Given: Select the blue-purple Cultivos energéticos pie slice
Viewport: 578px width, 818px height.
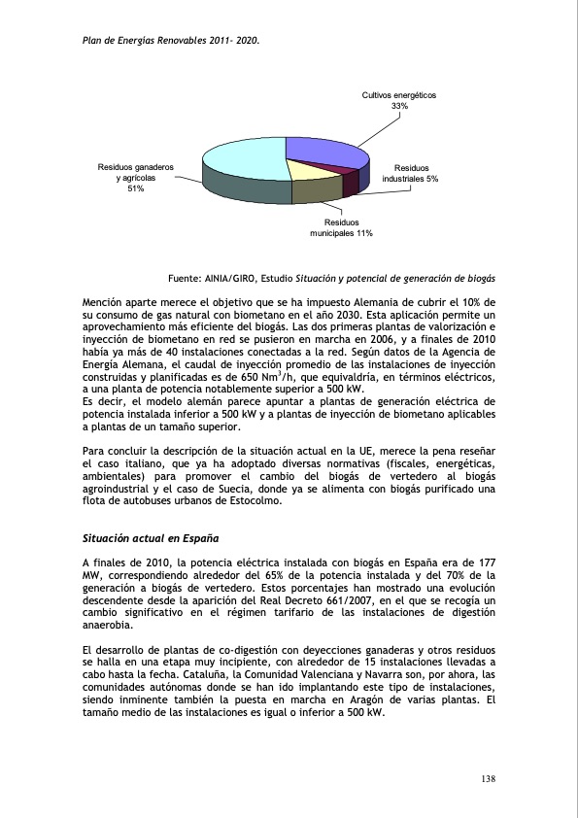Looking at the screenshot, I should click(x=325, y=153).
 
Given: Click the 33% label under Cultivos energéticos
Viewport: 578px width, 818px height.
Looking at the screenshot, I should click(x=399, y=106).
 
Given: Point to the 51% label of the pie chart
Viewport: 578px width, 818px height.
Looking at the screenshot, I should click(x=135, y=188).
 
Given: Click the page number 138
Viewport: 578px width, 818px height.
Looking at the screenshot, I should click(x=490, y=780).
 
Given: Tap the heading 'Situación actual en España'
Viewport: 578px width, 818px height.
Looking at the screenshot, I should click(x=150, y=537).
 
